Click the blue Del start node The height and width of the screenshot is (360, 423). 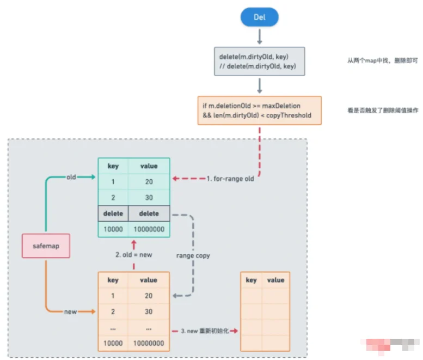click(259, 17)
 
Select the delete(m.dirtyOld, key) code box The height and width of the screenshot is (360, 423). click(259, 62)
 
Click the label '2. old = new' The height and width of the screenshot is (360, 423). click(133, 254)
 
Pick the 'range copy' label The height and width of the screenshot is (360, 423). click(193, 255)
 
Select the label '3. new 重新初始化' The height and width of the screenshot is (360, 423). click(205, 331)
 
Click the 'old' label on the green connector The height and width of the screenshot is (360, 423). click(71, 177)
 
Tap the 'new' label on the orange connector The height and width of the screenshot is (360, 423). click(71, 312)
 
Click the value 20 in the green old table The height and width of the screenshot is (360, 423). click(149, 182)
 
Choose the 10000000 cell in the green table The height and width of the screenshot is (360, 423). click(149, 229)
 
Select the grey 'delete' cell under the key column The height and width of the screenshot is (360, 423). click(113, 213)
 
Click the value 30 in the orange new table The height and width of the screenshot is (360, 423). click(149, 312)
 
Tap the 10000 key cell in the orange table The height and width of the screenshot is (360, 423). click(113, 344)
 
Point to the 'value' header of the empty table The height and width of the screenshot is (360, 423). click(275, 280)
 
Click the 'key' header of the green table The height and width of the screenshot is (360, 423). click(113, 166)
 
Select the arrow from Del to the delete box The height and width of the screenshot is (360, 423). click(259, 36)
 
